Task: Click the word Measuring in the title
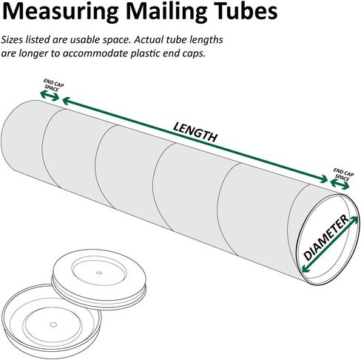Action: click(61, 13)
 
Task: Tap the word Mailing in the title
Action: click(167, 13)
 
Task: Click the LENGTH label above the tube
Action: click(195, 132)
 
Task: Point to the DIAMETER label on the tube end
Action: click(326, 237)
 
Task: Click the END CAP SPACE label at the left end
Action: click(53, 85)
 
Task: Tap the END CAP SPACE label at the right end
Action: click(343, 174)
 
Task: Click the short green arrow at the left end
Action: click(50, 96)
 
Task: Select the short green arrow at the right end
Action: click(340, 184)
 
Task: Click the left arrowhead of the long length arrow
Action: click(67, 101)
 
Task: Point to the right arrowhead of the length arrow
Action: click(324, 179)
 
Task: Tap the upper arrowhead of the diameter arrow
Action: click(354, 220)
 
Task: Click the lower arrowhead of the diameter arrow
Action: click(306, 268)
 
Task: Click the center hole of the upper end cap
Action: click(99, 273)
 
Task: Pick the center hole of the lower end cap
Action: click(53, 324)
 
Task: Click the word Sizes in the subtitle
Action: click(13, 40)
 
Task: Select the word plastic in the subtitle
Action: click(144, 53)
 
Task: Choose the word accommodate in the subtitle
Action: click(95, 53)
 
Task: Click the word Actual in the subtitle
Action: click(149, 40)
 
